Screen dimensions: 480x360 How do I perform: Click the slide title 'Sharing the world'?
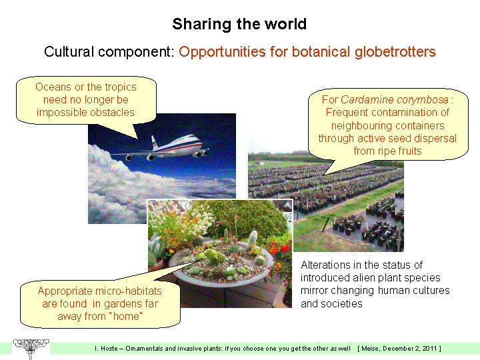[239, 24]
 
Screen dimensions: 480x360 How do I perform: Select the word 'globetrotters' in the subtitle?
[395, 51]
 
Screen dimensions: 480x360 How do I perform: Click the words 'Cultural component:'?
[109, 51]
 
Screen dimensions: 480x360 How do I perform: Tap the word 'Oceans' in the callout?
[53, 87]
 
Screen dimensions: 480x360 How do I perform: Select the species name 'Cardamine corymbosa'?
[394, 99]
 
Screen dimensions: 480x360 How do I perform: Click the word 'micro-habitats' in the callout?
[129, 291]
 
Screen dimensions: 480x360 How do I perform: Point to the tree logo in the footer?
[31, 349]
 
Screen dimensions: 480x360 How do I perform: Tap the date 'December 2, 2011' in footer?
[409, 349]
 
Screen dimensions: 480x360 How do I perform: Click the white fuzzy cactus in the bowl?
[253, 238]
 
